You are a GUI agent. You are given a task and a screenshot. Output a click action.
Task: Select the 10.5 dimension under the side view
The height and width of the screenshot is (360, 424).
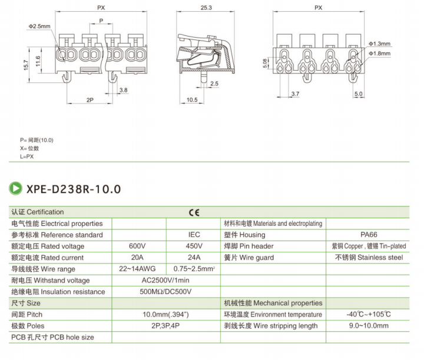pyautogui.click(x=191, y=100)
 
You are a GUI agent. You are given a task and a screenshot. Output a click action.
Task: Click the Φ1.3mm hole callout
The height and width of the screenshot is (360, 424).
pyautogui.click(x=380, y=44)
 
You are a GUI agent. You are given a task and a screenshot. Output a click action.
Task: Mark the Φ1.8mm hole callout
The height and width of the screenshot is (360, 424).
pyautogui.click(x=380, y=54)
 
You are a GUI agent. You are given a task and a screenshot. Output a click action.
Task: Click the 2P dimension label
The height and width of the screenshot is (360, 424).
pyautogui.click(x=90, y=100)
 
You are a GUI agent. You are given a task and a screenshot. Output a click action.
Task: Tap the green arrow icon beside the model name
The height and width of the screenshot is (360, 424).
pyautogui.click(x=16, y=189)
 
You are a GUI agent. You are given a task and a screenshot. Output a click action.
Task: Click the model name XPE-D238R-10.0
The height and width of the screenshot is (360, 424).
pyautogui.click(x=74, y=189)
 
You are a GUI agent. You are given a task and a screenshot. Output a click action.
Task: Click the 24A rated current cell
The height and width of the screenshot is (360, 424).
pyautogui.click(x=194, y=257)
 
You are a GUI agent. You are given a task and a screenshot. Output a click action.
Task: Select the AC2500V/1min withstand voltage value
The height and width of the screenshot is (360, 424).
pyautogui.click(x=165, y=280)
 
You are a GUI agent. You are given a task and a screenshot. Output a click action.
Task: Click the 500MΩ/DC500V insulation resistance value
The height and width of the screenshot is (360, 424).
pyautogui.click(x=165, y=292)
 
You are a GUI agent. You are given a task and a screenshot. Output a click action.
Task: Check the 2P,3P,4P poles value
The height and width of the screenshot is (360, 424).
pyautogui.click(x=165, y=326)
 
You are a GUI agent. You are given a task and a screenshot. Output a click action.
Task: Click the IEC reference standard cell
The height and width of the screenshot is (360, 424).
pyautogui.click(x=194, y=235)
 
